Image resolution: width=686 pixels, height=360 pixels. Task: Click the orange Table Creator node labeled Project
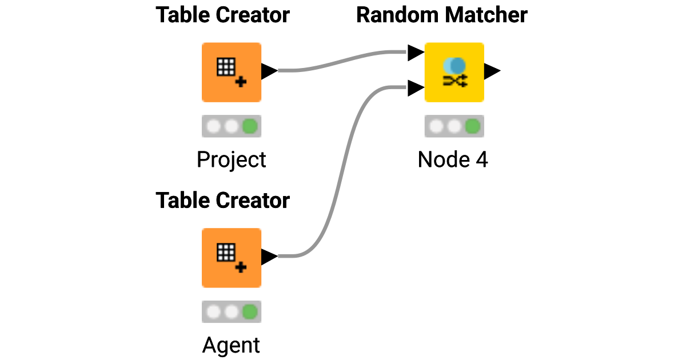point(231,72)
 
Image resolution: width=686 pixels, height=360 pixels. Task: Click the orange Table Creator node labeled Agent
point(231,258)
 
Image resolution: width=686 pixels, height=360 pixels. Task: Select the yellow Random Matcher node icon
point(454,72)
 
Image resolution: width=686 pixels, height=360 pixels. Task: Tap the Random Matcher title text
point(441,15)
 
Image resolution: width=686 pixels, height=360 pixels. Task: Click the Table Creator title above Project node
point(222,15)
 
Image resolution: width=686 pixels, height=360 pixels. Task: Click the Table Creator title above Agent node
point(222,201)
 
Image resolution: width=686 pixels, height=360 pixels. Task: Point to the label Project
point(231,160)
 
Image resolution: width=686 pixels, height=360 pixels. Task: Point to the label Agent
point(231,346)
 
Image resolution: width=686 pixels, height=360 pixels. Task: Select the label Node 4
point(453,160)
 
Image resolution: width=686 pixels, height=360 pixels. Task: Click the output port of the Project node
point(269,71)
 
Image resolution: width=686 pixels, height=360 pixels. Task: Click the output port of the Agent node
point(269,257)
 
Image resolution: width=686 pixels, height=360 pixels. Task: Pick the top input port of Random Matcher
point(415,53)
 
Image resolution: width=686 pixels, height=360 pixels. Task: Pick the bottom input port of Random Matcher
point(415,88)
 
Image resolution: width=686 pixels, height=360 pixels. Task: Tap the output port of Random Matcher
point(492,71)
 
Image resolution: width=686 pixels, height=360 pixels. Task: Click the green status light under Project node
point(249,126)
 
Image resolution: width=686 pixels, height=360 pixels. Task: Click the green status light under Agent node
point(249,312)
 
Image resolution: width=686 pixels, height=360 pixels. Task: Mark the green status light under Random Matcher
point(472,126)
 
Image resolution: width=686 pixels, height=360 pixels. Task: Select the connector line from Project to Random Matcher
point(343,60)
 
